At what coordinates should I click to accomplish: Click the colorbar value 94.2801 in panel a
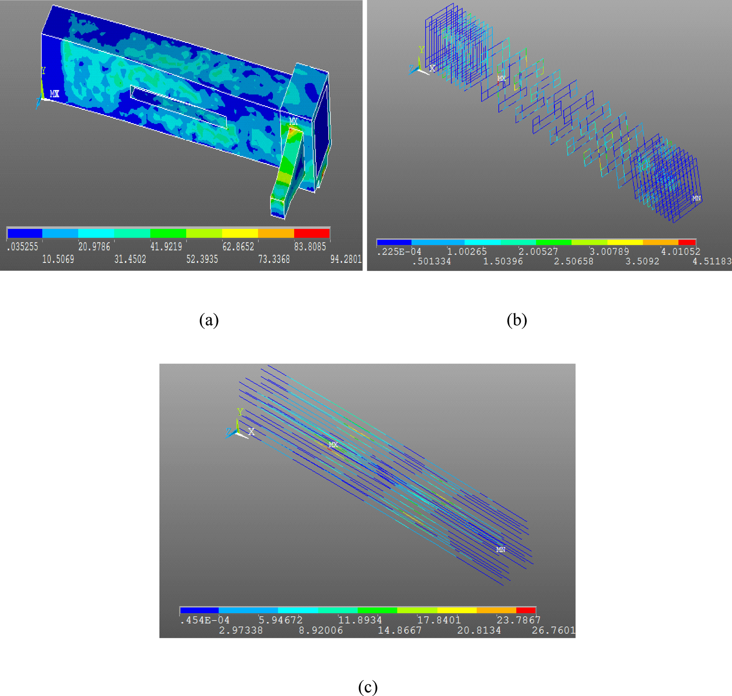tap(346, 259)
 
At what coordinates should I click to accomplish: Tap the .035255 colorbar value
tap(23, 247)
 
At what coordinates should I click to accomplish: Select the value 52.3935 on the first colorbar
tap(202, 259)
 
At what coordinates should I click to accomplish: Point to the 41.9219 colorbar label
tap(166, 247)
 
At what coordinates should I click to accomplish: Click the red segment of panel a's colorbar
tap(312, 233)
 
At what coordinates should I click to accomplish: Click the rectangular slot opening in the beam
tap(179, 106)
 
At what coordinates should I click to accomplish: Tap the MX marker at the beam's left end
tap(54, 94)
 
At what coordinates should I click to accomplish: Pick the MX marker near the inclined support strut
tap(293, 121)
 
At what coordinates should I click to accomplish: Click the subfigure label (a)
tap(209, 320)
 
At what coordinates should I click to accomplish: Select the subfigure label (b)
tap(516, 320)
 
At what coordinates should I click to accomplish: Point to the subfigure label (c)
tap(368, 686)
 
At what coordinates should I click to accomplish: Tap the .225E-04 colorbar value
tap(399, 252)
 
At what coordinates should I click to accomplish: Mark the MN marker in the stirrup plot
tap(696, 198)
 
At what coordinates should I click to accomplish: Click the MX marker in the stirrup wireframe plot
tap(502, 78)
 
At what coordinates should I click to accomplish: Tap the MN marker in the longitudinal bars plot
tap(501, 549)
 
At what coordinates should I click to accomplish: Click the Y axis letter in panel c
tap(240, 412)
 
